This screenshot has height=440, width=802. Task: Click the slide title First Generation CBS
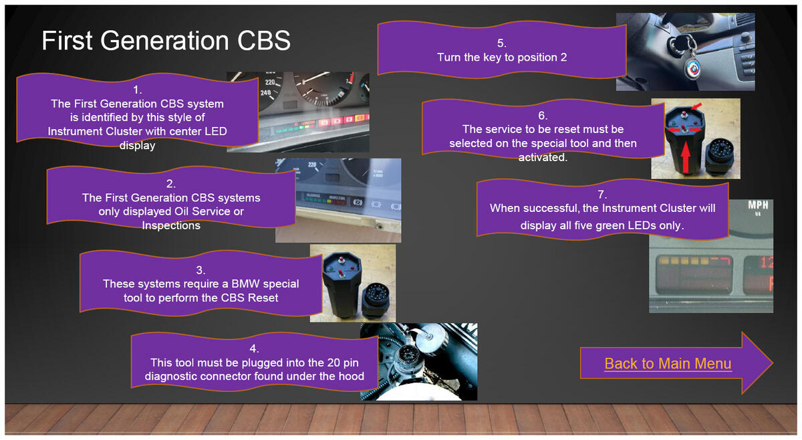coord(166,40)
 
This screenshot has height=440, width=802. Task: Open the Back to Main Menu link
coord(668,363)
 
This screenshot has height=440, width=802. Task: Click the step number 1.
coord(138,90)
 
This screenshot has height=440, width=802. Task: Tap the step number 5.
coord(502,43)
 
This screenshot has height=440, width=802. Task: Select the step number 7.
coord(602,194)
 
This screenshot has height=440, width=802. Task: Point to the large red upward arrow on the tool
coord(685,157)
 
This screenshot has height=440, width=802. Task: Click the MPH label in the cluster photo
coord(758,205)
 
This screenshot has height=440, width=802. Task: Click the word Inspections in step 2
coord(171,225)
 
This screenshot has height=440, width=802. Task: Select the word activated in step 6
coord(542,157)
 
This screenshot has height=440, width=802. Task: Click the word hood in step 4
coord(352,376)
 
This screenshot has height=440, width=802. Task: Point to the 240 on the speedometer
coord(266,92)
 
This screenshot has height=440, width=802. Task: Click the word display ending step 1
coord(137,146)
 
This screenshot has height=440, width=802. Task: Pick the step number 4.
coord(254,348)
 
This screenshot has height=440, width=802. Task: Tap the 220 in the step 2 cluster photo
coord(312,164)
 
